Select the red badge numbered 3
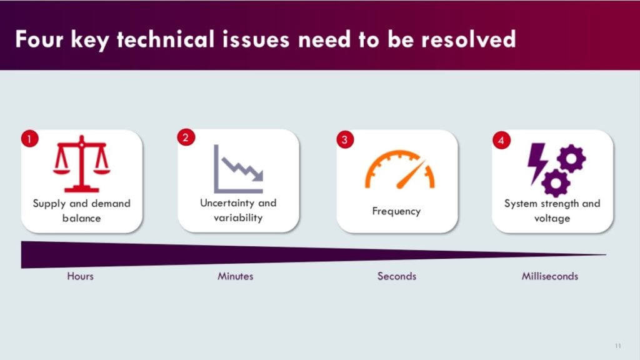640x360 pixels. click(344, 139)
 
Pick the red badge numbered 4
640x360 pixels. click(501, 140)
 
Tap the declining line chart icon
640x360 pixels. click(238, 169)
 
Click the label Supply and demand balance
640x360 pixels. click(81, 211)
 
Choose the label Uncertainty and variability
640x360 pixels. click(238, 210)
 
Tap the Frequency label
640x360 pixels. click(396, 211)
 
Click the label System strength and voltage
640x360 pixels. click(552, 211)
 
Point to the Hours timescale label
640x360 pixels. click(80, 276)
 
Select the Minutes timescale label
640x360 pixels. click(236, 276)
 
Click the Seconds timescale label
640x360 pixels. click(396, 276)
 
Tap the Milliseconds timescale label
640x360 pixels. click(550, 276)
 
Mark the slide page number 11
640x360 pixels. click(618, 346)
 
